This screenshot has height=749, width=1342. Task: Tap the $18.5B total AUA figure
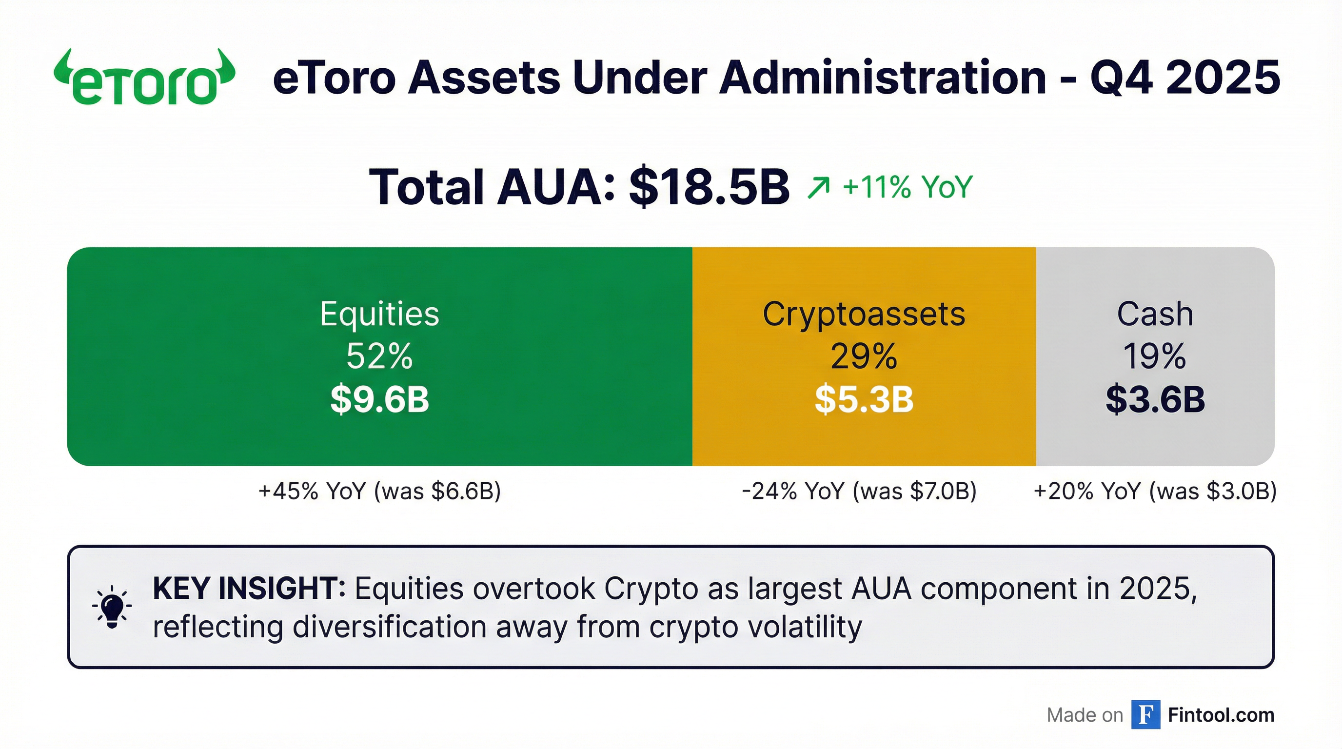[709, 186]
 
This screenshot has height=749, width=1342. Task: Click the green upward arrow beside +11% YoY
[818, 188]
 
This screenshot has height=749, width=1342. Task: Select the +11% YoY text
[908, 186]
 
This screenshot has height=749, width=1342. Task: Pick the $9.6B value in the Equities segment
[379, 399]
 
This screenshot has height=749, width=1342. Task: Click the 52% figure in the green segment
[379, 356]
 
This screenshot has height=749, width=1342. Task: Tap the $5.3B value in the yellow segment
[864, 399]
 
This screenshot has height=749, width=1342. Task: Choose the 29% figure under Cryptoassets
[864, 356]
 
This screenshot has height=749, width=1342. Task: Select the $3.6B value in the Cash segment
[1155, 399]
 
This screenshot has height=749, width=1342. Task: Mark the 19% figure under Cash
[1155, 356]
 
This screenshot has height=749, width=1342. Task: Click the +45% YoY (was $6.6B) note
[379, 491]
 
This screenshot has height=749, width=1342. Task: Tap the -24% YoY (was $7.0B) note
[859, 491]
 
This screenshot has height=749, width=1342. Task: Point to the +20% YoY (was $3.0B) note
[1155, 491]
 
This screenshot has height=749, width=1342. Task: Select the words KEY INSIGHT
[249, 589]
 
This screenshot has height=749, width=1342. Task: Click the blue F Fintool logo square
[1145, 715]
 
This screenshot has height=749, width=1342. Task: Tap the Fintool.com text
[1221, 715]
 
